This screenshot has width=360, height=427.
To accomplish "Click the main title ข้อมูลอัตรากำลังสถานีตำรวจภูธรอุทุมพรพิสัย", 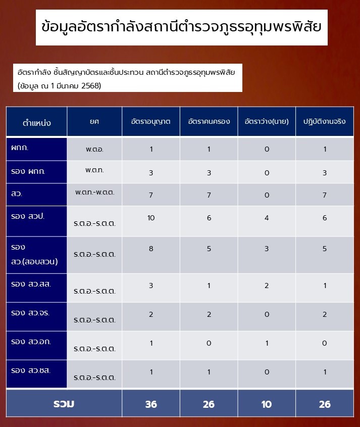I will [182, 27].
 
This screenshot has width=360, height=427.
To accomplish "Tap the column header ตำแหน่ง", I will [37, 123].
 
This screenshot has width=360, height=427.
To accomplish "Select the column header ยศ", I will [94, 122].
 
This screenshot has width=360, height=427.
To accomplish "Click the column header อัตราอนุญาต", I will [150, 122].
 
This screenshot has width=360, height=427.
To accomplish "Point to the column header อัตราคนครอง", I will [209, 122].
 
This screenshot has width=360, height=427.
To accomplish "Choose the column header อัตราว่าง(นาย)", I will [267, 122].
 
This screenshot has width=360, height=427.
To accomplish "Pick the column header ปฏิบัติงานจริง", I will [324, 122].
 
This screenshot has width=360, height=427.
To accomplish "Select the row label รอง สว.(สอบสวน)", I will [34, 254].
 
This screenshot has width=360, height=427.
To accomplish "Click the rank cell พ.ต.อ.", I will [94, 150].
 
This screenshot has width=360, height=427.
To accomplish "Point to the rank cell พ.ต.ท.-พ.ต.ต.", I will [94, 193].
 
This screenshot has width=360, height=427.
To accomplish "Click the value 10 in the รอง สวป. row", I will [150, 218].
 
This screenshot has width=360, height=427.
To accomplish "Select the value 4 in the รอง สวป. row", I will [267, 218].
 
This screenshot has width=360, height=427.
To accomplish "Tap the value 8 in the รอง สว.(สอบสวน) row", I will [150, 249].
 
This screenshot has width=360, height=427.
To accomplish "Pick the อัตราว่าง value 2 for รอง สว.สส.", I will [267, 286].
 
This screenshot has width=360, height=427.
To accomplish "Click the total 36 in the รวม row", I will [150, 404].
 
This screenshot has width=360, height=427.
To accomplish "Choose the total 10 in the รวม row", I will [267, 404].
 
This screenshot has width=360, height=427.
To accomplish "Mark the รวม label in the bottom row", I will [64, 404].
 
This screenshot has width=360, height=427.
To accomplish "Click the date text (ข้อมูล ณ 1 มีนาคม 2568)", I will [60, 85].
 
